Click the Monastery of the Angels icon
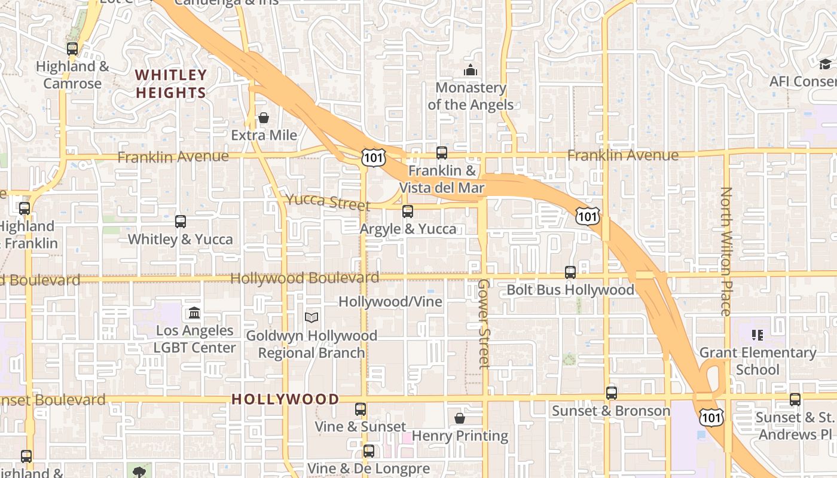(471, 71)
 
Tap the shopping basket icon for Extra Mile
(264, 118)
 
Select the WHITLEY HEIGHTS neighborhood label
(171, 84)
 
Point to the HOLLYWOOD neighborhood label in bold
(285, 399)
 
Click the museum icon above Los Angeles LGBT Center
(194, 312)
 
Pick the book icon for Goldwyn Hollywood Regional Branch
(311, 317)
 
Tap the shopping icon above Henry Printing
(460, 418)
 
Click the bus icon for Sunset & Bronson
(611, 393)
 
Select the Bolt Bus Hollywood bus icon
(570, 272)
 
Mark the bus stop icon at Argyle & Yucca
(408, 211)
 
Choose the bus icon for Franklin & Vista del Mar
(441, 153)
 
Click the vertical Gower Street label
(484, 323)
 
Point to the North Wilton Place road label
(726, 251)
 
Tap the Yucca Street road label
(328, 201)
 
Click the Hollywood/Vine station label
(390, 302)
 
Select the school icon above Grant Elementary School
(757, 335)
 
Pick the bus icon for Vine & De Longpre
(369, 451)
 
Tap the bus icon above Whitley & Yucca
(181, 222)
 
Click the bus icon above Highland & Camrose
(72, 49)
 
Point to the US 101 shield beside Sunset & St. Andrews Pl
(712, 417)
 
